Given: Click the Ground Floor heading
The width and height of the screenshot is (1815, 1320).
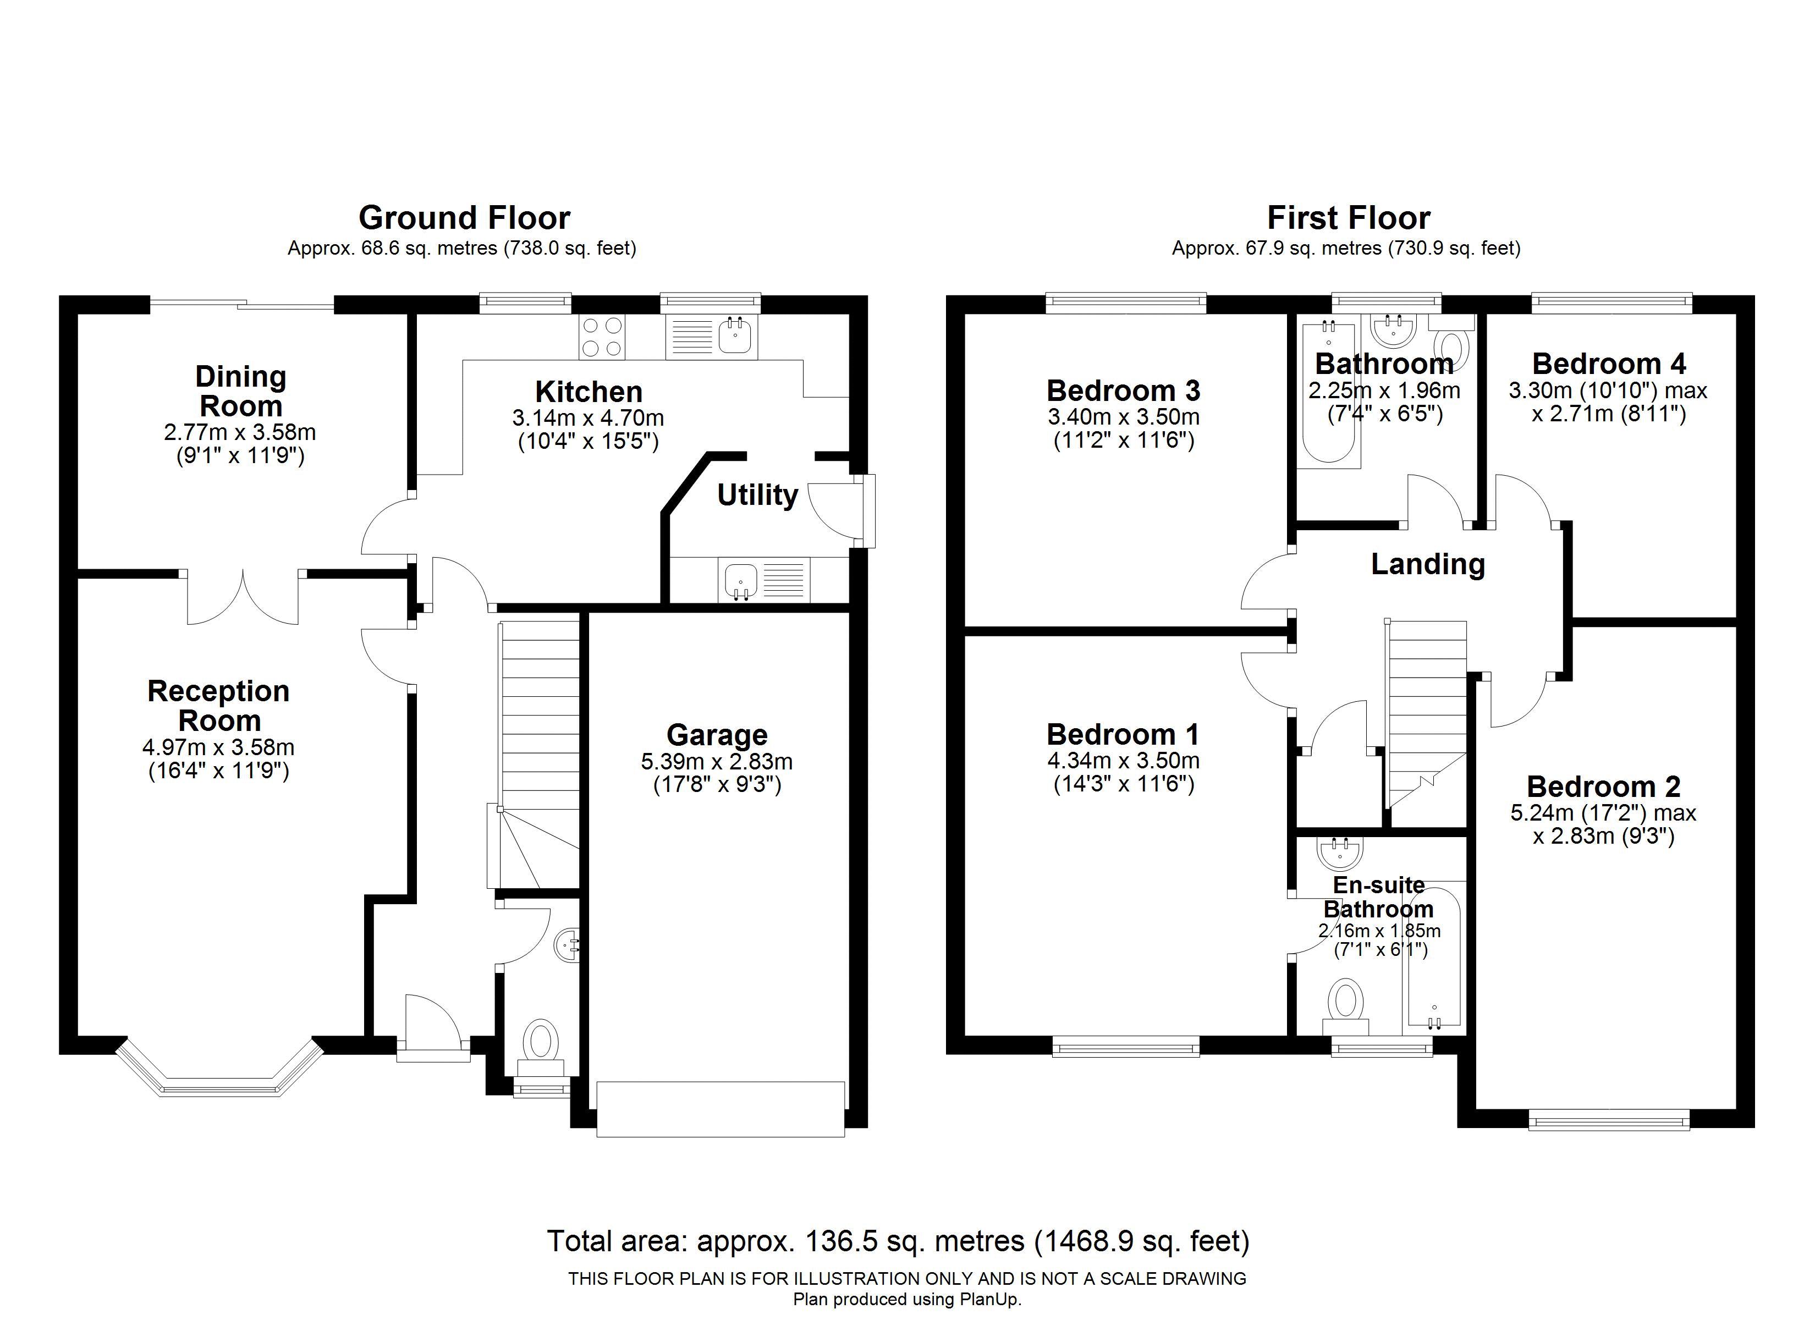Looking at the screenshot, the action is [464, 218].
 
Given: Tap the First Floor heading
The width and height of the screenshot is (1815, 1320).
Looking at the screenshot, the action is [1349, 218].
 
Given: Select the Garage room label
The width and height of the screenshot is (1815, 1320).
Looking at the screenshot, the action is [717, 734].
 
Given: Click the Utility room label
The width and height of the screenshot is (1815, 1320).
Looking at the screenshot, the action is [757, 496].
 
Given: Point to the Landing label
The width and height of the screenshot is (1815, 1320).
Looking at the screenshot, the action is [1428, 564].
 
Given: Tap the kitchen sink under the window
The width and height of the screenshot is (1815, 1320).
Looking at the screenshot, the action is [711, 337].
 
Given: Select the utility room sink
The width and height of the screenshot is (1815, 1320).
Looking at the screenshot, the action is [763, 580].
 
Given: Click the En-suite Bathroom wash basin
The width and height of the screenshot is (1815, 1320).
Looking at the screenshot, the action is [1341, 853].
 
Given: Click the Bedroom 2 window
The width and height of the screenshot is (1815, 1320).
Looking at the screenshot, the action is [1609, 1119].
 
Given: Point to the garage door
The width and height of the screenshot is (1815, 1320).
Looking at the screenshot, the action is [721, 1109].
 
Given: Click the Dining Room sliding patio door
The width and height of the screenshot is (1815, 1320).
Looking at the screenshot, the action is [241, 304].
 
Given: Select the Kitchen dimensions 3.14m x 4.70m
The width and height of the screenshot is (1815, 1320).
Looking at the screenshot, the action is [588, 418].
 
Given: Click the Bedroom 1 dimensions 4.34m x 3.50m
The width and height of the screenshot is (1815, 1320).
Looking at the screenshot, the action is [1124, 761].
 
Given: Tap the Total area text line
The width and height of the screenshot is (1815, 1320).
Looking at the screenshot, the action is [898, 1241].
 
